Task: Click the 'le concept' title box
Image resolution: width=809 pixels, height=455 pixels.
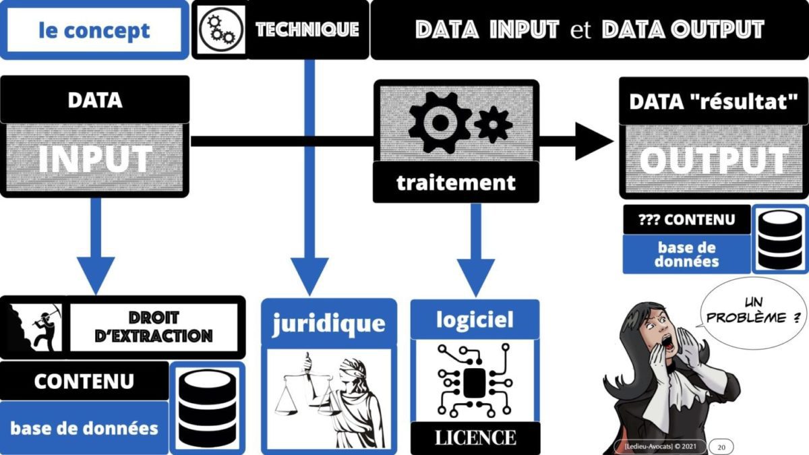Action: tap(94, 30)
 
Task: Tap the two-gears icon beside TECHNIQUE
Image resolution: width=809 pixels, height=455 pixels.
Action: tap(220, 30)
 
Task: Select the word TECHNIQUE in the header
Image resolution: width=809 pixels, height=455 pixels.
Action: tap(307, 30)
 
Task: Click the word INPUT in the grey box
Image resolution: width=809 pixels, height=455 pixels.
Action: tap(94, 160)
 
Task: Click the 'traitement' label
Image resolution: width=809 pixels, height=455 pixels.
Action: tap(456, 182)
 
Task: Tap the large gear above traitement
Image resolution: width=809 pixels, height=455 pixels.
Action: tap(440, 121)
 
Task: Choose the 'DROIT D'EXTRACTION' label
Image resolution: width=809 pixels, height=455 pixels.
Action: tap(154, 328)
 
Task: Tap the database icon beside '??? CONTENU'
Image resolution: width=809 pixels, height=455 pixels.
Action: tap(780, 239)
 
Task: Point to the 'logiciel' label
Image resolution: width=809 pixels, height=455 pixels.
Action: tap(475, 319)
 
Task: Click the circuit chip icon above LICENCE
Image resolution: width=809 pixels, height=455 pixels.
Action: tap(475, 382)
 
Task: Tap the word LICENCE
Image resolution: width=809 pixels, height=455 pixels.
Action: tap(475, 437)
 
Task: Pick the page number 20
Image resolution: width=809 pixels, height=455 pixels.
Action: tap(721, 446)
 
